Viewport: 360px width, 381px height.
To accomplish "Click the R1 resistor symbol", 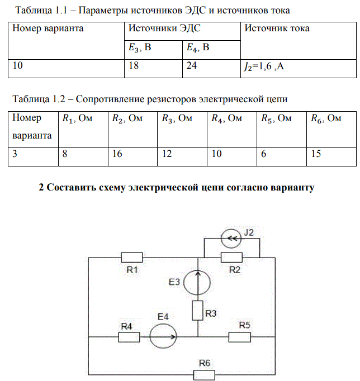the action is coord(132,258).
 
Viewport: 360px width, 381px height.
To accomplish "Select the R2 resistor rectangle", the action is coord(231,258).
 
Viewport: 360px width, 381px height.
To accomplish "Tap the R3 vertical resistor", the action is coord(198,310).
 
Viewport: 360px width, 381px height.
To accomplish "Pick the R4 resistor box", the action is coord(129,337).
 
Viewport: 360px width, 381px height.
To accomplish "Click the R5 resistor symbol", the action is coord(240,337).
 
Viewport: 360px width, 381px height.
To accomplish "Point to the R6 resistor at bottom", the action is coord(204,375).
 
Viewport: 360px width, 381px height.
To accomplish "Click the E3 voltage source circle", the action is coord(197,283).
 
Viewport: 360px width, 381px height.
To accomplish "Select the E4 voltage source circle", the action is coord(163,337).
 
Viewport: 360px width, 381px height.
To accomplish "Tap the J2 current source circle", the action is coord(231,239).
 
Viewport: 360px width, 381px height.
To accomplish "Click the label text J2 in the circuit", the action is coord(249,232).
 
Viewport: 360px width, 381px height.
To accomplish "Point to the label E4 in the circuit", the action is coord(163,317).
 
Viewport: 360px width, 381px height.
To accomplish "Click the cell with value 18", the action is coord(153,69).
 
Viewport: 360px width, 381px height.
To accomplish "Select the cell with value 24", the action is coord(211,69).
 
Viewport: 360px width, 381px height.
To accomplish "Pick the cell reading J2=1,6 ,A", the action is coord(299,69).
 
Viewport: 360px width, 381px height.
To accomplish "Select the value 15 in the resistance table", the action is coord(316,154).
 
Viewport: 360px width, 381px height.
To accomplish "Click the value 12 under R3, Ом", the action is coord(167,154).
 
